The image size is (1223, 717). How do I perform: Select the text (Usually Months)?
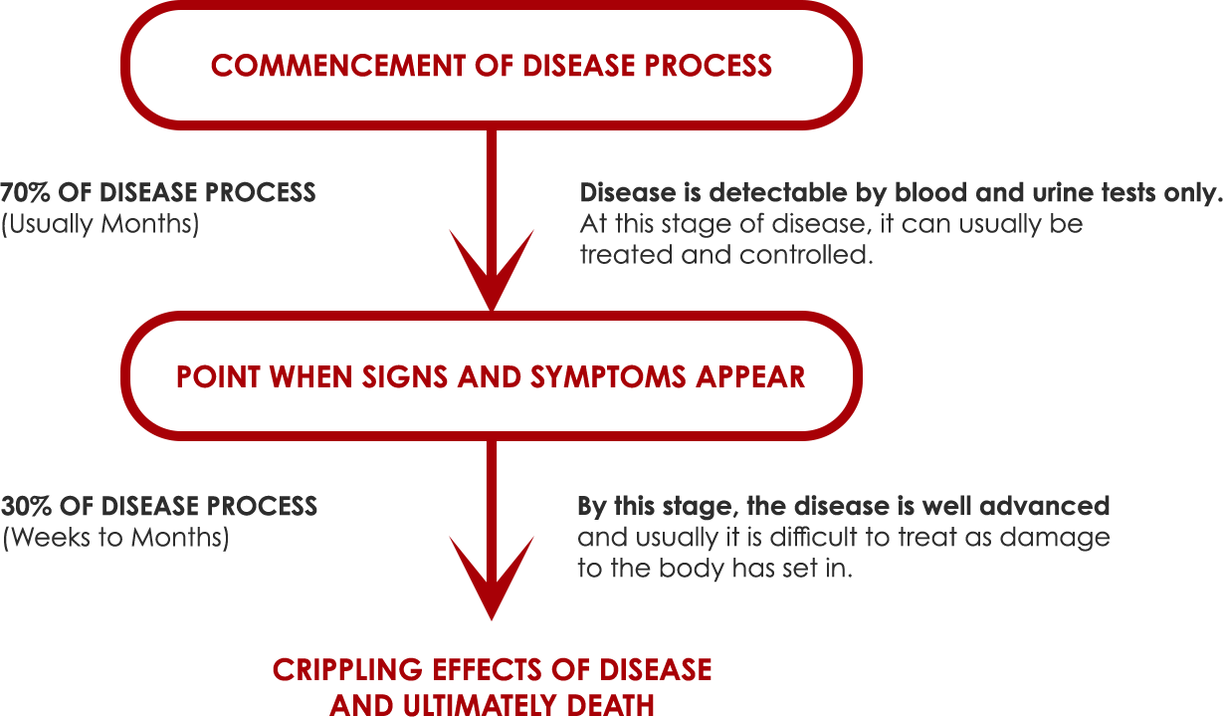(100, 224)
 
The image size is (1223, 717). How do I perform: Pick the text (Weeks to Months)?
(115, 538)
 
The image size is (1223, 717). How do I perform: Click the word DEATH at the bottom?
(610, 705)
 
